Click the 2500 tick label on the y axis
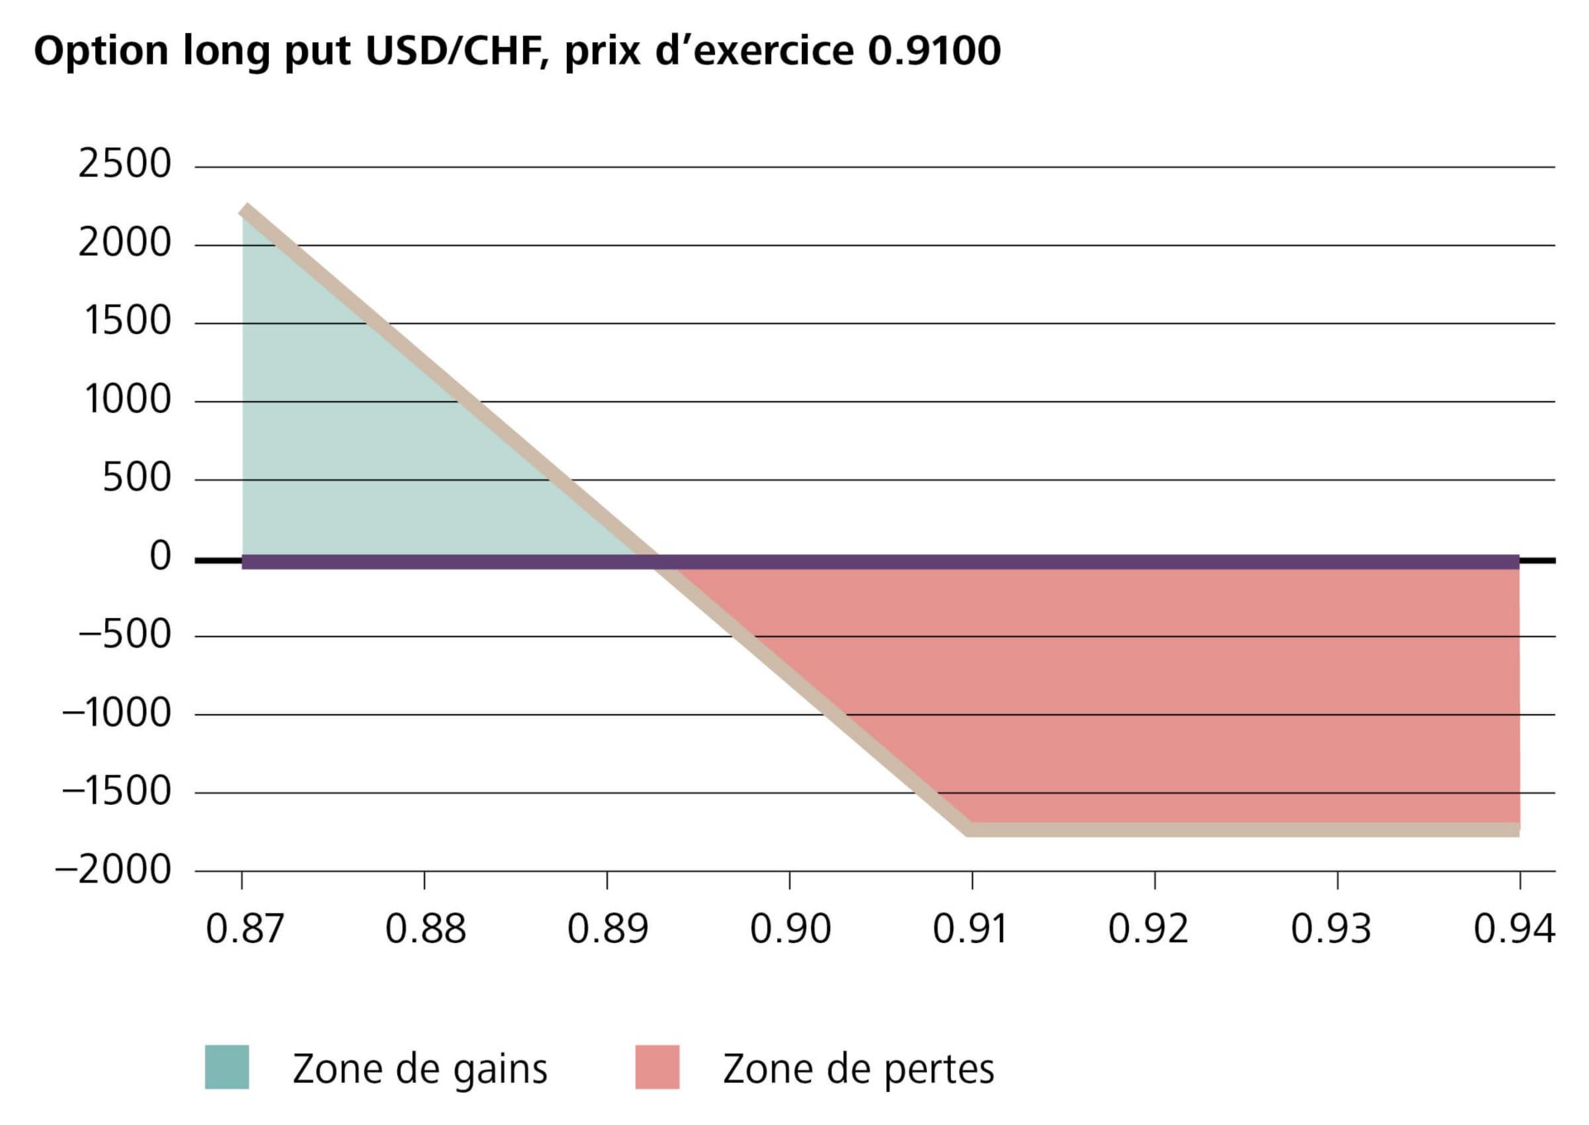pos(124,164)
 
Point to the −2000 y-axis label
pos(113,870)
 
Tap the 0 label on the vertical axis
pos(160,557)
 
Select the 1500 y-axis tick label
pos(127,321)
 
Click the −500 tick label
pos(125,635)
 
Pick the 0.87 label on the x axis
pos(244,929)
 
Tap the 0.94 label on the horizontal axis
pos(1514,929)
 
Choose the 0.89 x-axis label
pos(607,929)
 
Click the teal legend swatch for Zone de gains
pos(227,1067)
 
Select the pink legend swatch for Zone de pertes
pos(657,1067)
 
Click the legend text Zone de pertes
pos(858,1069)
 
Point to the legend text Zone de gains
pos(420,1069)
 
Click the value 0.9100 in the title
pos(934,51)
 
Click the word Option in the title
pos(101,51)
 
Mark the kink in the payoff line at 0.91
pos(970,829)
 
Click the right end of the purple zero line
pos(1517,562)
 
